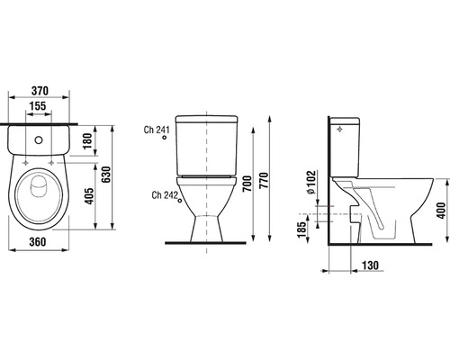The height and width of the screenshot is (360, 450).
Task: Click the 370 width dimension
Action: [40, 91]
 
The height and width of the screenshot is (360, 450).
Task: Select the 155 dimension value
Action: [38, 106]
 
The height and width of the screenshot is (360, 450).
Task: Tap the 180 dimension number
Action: [87, 141]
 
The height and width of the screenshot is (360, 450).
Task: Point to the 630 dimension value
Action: [106, 175]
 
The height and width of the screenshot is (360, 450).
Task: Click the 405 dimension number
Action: [89, 196]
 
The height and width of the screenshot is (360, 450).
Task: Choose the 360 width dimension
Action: [38, 242]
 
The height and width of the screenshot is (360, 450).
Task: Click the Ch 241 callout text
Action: [157, 130]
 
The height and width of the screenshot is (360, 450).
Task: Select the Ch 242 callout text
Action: [165, 195]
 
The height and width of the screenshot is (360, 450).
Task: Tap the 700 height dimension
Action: [247, 184]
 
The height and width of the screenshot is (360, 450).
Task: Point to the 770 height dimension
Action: [264, 180]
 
